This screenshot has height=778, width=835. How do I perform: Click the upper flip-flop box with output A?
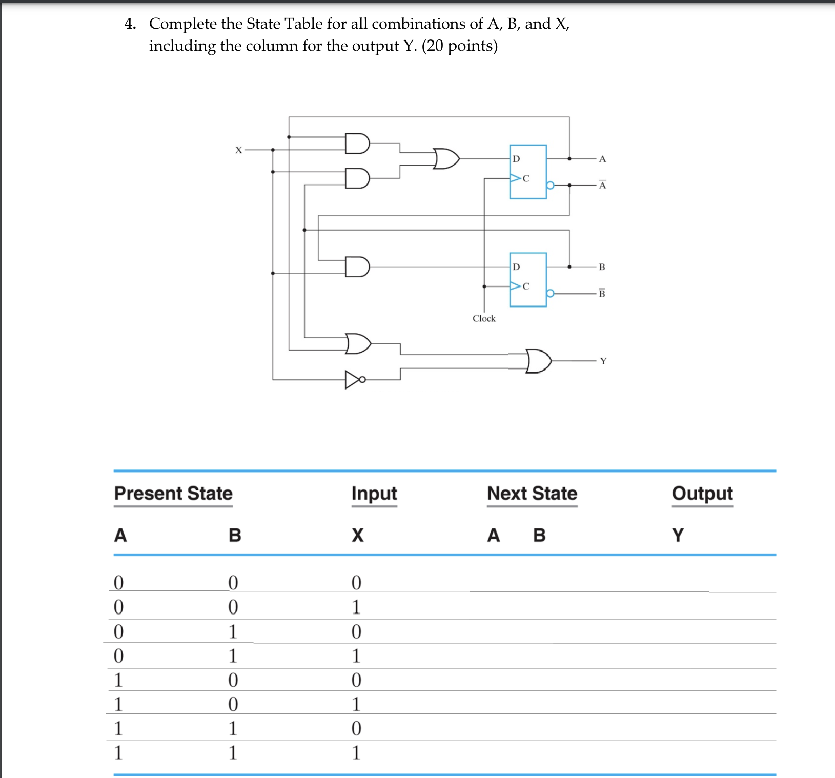pos(528,172)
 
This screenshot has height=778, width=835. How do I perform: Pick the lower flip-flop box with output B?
pos(528,280)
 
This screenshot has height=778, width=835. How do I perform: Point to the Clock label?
pos(484,319)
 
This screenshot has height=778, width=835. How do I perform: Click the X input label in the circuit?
pos(238,150)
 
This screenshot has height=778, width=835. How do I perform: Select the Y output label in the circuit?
pos(603,361)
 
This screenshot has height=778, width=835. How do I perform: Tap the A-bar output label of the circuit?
pos(603,185)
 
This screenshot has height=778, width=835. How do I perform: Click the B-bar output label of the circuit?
pos(602,294)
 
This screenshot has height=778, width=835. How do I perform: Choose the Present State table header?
pos(173,493)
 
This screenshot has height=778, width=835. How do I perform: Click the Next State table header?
pos(532,493)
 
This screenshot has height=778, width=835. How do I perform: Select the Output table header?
pos(702,493)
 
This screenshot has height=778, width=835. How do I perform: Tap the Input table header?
pos(374,493)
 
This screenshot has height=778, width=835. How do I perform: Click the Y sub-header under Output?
pos(678,535)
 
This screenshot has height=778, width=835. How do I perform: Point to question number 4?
pos(131,24)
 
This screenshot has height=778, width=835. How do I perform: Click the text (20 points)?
pos(460,46)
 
